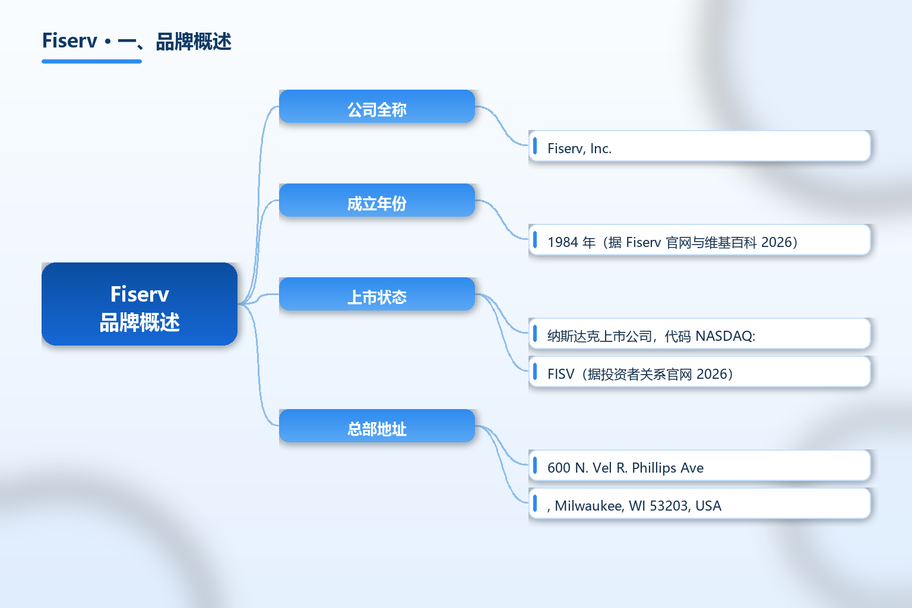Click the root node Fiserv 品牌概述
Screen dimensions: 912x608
point(140,304)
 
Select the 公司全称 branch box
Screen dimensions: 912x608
point(377,106)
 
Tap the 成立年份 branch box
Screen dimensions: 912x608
point(377,200)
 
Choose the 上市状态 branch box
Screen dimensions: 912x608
point(377,294)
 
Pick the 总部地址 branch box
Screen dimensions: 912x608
point(377,426)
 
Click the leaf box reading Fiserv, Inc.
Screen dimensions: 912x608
point(699,146)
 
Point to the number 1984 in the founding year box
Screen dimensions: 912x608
point(563,242)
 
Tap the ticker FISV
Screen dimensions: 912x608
point(560,374)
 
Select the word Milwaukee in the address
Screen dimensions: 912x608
point(588,506)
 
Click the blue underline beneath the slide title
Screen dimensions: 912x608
point(91,62)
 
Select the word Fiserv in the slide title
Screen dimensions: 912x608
point(69,41)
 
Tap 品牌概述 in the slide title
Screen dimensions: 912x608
point(194,42)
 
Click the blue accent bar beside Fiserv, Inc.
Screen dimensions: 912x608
point(534,146)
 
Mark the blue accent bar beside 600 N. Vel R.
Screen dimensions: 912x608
point(534,465)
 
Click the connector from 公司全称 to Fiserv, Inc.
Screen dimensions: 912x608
point(502,125)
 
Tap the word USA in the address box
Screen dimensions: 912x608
point(708,506)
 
